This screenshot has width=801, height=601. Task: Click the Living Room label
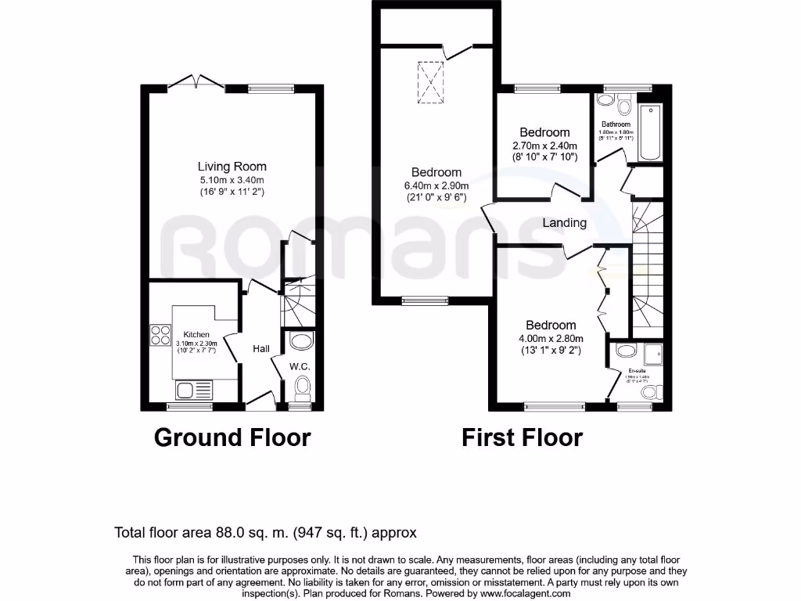tap(232, 167)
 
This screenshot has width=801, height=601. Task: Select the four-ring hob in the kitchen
tap(161, 335)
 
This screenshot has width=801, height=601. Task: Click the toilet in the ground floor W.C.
tap(302, 387)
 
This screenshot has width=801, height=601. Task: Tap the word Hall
tap(261, 349)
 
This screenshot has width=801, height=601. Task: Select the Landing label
tap(565, 223)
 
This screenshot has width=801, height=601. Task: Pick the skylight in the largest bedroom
tap(429, 83)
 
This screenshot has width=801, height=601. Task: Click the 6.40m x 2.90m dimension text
tap(436, 185)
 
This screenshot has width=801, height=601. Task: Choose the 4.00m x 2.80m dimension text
tap(551, 338)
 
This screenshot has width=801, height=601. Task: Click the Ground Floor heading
tap(232, 437)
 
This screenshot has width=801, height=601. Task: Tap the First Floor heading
tap(522, 437)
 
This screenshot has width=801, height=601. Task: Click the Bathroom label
tap(616, 124)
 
